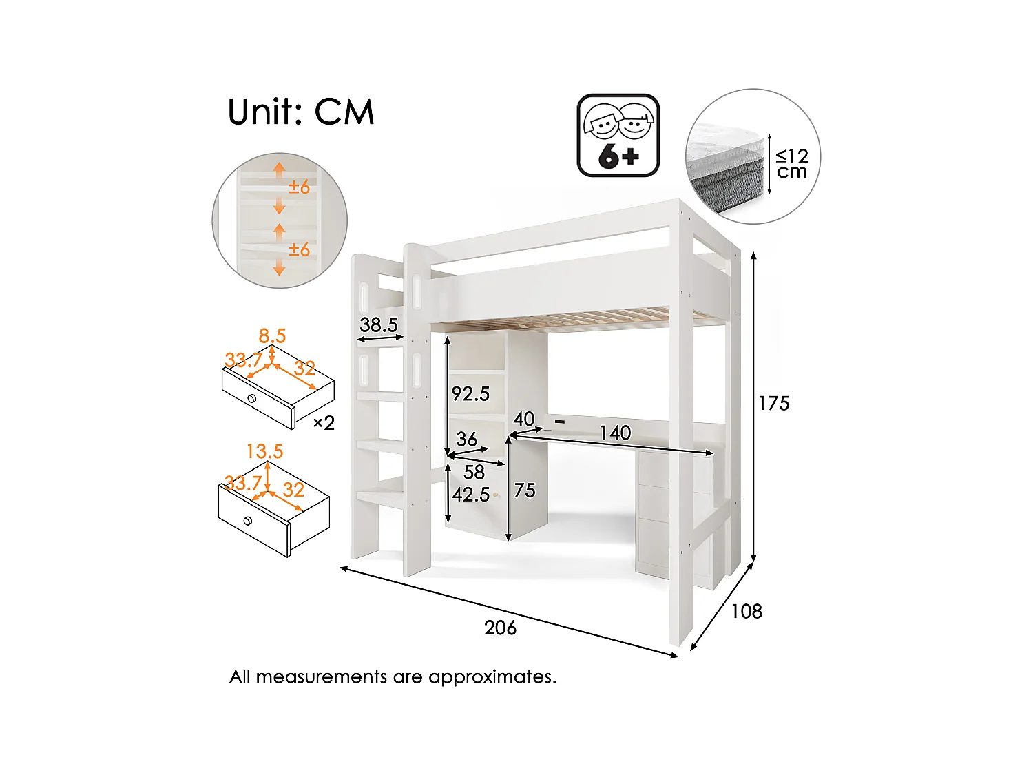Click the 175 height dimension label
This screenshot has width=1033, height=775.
pyautogui.click(x=773, y=403)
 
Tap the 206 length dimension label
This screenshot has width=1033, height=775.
pyautogui.click(x=500, y=628)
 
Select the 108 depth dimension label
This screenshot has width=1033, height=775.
pyautogui.click(x=747, y=611)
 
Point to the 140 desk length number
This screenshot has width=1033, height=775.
pyautogui.click(x=614, y=433)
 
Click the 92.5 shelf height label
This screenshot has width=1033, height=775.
pyautogui.click(x=470, y=394)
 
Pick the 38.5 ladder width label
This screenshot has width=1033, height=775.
pyautogui.click(x=379, y=324)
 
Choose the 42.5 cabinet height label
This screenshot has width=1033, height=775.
pyautogui.click(x=470, y=495)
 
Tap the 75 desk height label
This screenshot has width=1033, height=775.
pyautogui.click(x=524, y=490)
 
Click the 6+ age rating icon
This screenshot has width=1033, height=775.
pyautogui.click(x=618, y=136)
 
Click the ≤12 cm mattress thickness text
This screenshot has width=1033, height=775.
pyautogui.click(x=792, y=164)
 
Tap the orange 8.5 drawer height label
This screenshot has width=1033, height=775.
pyautogui.click(x=272, y=336)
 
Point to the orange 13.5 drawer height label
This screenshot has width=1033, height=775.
pyautogui.click(x=265, y=452)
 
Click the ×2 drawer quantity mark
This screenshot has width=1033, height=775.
pyautogui.click(x=324, y=422)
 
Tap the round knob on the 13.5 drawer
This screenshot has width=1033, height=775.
pyautogui.click(x=248, y=521)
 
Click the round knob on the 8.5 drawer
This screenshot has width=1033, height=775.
pyautogui.click(x=252, y=398)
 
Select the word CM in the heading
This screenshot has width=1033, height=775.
pyautogui.click(x=344, y=112)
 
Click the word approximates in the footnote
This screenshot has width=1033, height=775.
pyautogui.click(x=492, y=677)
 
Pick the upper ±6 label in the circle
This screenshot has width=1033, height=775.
pyautogui.click(x=299, y=187)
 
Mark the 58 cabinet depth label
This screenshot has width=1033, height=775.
pyautogui.click(x=474, y=472)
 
